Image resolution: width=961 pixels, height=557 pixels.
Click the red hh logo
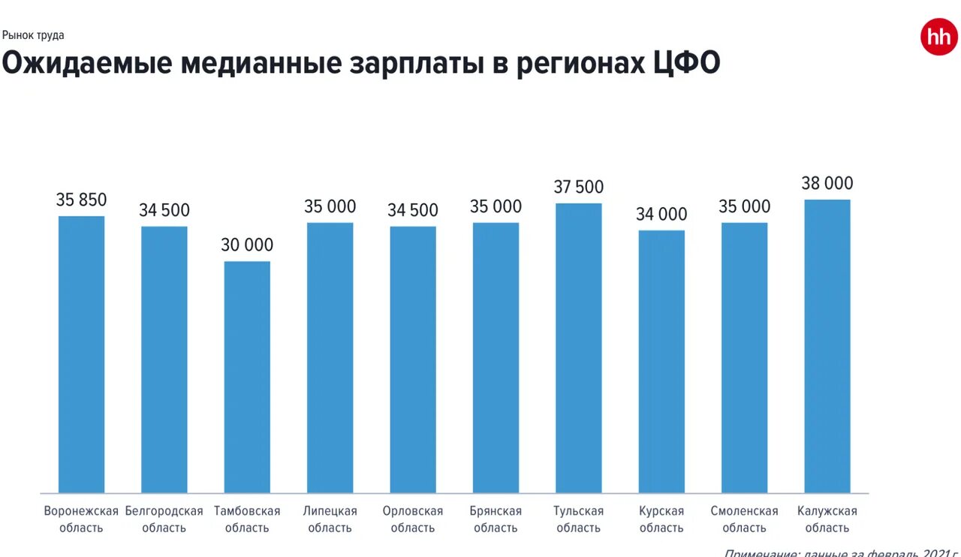pos(938,38)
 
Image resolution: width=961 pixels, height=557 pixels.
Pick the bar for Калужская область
pos(827,346)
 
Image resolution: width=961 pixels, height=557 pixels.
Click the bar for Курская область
pos(661,361)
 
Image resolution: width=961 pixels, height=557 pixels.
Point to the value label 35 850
pos(82,200)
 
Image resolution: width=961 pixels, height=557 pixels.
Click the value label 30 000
pos(247,245)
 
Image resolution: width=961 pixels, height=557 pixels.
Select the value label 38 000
pos(827,183)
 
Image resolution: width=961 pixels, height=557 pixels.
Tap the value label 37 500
pos(579,187)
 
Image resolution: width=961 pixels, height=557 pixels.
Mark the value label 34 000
pos(661,214)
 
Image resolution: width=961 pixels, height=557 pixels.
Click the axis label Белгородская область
pos(164,519)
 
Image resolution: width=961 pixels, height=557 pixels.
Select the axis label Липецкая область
pos(330,519)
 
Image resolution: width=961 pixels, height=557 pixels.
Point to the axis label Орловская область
pos(413,519)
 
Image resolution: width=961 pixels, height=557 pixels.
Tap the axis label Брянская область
pos(496,519)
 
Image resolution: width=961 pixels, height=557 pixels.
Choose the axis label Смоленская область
pos(745,519)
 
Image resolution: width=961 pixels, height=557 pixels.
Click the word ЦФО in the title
pos(683,64)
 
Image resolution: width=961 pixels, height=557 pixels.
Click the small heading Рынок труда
pos(33,35)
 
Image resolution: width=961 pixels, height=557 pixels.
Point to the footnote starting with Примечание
pos(841,552)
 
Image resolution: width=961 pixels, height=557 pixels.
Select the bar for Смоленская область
pos(745,357)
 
